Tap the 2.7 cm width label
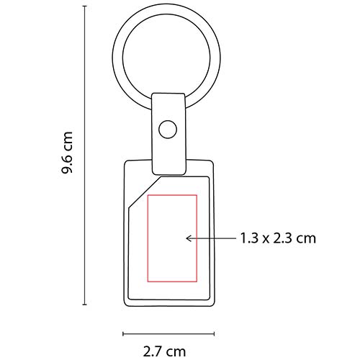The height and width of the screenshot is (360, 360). click(163, 351)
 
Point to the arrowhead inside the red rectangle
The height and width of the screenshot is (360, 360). click(187, 236)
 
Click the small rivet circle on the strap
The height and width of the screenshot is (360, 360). click(168, 130)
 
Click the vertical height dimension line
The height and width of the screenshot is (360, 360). click(86, 158)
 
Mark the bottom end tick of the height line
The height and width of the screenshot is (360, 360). click(86, 305)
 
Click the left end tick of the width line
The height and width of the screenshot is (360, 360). click(124, 333)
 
